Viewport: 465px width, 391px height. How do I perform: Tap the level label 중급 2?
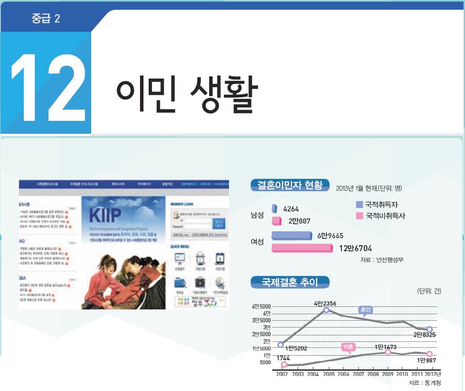click(46, 19)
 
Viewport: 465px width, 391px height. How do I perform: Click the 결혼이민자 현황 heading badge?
click(290, 186)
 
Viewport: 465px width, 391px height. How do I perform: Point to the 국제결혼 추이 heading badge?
click(290, 283)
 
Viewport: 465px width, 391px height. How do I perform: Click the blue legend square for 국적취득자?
click(359, 205)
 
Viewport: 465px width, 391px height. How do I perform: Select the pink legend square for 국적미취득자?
click(359, 215)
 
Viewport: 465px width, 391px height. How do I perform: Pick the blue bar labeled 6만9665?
click(292, 236)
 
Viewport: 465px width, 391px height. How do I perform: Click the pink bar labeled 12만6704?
click(302, 248)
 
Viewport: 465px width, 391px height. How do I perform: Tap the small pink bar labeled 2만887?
click(277, 221)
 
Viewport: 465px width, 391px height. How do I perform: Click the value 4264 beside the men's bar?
click(291, 209)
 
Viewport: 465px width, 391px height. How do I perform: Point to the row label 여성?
click(257, 242)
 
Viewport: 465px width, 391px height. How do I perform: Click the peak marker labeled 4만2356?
click(326, 310)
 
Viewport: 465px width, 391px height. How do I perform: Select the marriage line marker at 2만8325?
click(429, 329)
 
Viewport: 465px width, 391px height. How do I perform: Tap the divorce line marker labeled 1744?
click(284, 365)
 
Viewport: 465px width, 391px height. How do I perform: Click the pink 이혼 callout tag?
click(348, 347)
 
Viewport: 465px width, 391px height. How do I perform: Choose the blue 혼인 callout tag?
click(365, 310)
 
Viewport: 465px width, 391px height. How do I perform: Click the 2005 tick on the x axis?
click(328, 374)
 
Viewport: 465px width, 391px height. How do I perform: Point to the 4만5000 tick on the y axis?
click(262, 306)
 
